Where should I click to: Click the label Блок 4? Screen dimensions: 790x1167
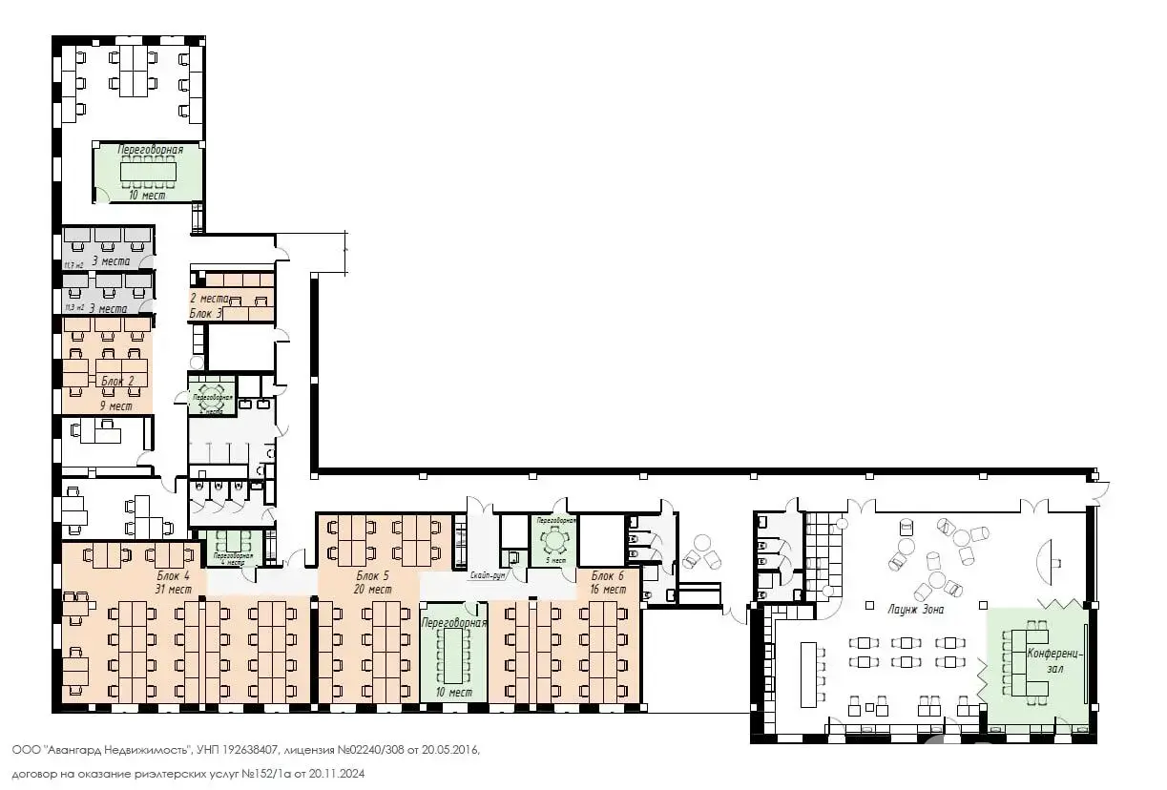pyautogui.click(x=174, y=575)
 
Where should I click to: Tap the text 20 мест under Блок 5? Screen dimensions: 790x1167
pyautogui.click(x=372, y=590)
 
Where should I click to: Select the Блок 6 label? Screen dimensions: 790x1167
pyautogui.click(x=608, y=575)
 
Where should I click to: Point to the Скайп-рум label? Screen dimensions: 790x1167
pyautogui.click(x=487, y=576)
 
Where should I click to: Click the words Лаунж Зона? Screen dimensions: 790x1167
pyautogui.click(x=916, y=609)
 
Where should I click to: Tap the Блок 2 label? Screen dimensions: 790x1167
pyautogui.click(x=117, y=382)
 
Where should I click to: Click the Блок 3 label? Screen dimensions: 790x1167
pyautogui.click(x=205, y=313)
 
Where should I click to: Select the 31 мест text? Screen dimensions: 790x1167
pyautogui.click(x=174, y=590)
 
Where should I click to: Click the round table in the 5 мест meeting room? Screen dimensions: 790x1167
pyautogui.click(x=553, y=540)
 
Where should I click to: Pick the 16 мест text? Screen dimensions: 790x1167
pyautogui.click(x=608, y=590)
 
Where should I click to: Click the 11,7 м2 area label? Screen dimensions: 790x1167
pyautogui.click(x=73, y=265)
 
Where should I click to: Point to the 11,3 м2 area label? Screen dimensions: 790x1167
pyautogui.click(x=73, y=307)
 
